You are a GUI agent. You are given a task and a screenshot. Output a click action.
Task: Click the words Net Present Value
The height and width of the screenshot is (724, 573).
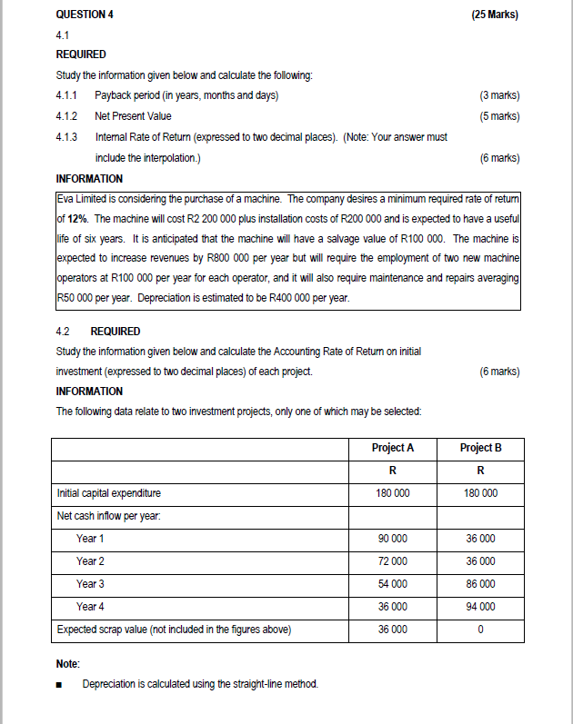133,116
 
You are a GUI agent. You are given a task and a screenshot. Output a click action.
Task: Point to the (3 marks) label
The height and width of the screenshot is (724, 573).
498,95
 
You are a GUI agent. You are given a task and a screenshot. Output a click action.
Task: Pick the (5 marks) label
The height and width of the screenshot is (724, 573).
498,116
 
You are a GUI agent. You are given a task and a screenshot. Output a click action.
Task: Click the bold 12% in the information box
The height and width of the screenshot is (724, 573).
77,220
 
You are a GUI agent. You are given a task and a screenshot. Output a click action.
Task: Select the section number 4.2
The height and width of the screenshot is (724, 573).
65,331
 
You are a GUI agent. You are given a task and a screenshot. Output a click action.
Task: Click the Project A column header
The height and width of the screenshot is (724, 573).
393,448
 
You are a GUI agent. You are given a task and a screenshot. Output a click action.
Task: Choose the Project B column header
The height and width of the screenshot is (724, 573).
480,448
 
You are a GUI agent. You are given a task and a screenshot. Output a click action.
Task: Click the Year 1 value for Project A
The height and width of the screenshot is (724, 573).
393,539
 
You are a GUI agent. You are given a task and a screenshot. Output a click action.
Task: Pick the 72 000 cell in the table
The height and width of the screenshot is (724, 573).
393,561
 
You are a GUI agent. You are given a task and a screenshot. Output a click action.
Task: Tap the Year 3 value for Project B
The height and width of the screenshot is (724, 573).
480,584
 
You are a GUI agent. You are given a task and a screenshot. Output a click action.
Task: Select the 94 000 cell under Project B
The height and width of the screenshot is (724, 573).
480,607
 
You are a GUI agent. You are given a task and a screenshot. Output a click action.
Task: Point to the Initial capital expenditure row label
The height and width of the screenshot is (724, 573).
108,493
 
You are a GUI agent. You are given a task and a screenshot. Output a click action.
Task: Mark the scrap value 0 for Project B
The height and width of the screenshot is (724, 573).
480,630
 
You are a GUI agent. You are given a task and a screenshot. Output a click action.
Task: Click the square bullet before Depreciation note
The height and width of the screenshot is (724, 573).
60,684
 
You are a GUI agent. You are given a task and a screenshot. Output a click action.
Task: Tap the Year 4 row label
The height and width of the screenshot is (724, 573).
90,607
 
